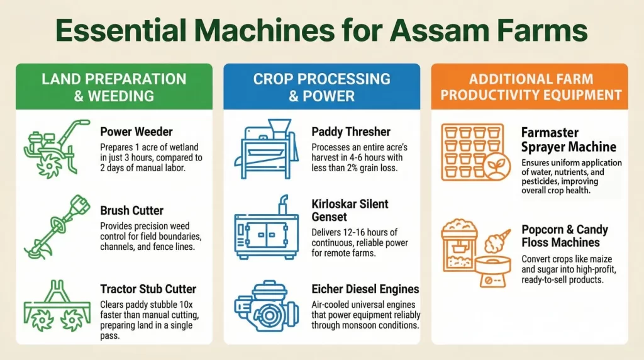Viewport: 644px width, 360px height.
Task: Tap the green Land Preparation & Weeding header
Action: click(x=114, y=87)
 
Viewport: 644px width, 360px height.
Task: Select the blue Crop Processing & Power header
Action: click(x=321, y=87)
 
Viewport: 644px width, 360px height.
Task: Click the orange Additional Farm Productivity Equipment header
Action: click(x=529, y=87)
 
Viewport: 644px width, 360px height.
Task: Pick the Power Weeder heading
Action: click(x=136, y=132)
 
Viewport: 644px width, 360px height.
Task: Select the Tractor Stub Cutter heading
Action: click(x=148, y=289)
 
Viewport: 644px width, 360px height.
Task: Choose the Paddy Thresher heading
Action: click(x=351, y=132)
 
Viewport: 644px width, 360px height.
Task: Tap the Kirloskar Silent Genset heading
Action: click(x=350, y=211)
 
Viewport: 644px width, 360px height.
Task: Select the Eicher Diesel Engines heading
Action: click(x=365, y=289)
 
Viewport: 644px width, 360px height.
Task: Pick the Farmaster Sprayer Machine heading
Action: click(x=569, y=140)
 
